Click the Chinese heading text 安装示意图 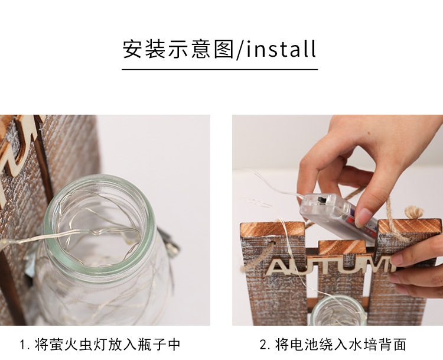coord(178,49)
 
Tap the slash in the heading coord(239,50)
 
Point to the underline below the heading coord(220,69)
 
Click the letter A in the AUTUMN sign coord(278,267)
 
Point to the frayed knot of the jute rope coord(414,212)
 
